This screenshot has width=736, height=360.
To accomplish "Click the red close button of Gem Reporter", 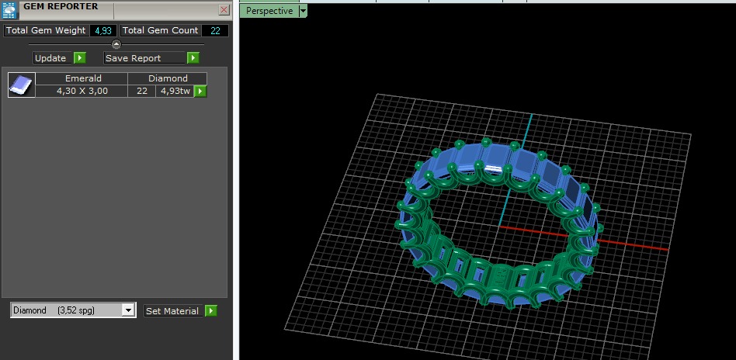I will pyautogui.click(x=224, y=10).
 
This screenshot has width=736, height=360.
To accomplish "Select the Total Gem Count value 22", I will pyautogui.click(x=214, y=30).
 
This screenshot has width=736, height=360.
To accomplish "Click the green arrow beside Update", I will pyautogui.click(x=79, y=58).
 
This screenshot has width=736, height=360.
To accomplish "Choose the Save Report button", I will pyautogui.click(x=144, y=58).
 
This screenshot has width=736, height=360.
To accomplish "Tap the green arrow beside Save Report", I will pyautogui.click(x=193, y=58).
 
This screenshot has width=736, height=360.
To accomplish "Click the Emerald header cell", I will pyautogui.click(x=83, y=78).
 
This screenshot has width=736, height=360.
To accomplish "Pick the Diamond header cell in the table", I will pyautogui.click(x=168, y=78).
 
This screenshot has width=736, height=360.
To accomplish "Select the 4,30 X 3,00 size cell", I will pyautogui.click(x=82, y=91).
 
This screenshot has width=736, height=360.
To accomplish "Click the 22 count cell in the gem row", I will pyautogui.click(x=142, y=91).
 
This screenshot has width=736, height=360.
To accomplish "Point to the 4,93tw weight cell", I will pyautogui.click(x=174, y=91).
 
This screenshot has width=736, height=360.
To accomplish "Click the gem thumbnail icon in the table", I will pyautogui.click(x=21, y=85).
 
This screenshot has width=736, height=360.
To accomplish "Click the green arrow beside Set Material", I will pyautogui.click(x=210, y=310).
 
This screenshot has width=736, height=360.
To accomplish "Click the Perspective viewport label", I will pyautogui.click(x=269, y=11).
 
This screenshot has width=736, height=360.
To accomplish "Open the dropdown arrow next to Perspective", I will pyautogui.click(x=303, y=11).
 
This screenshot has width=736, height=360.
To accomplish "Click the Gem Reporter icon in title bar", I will pyautogui.click(x=10, y=10).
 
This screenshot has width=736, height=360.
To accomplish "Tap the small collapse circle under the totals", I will pyautogui.click(x=116, y=44).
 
